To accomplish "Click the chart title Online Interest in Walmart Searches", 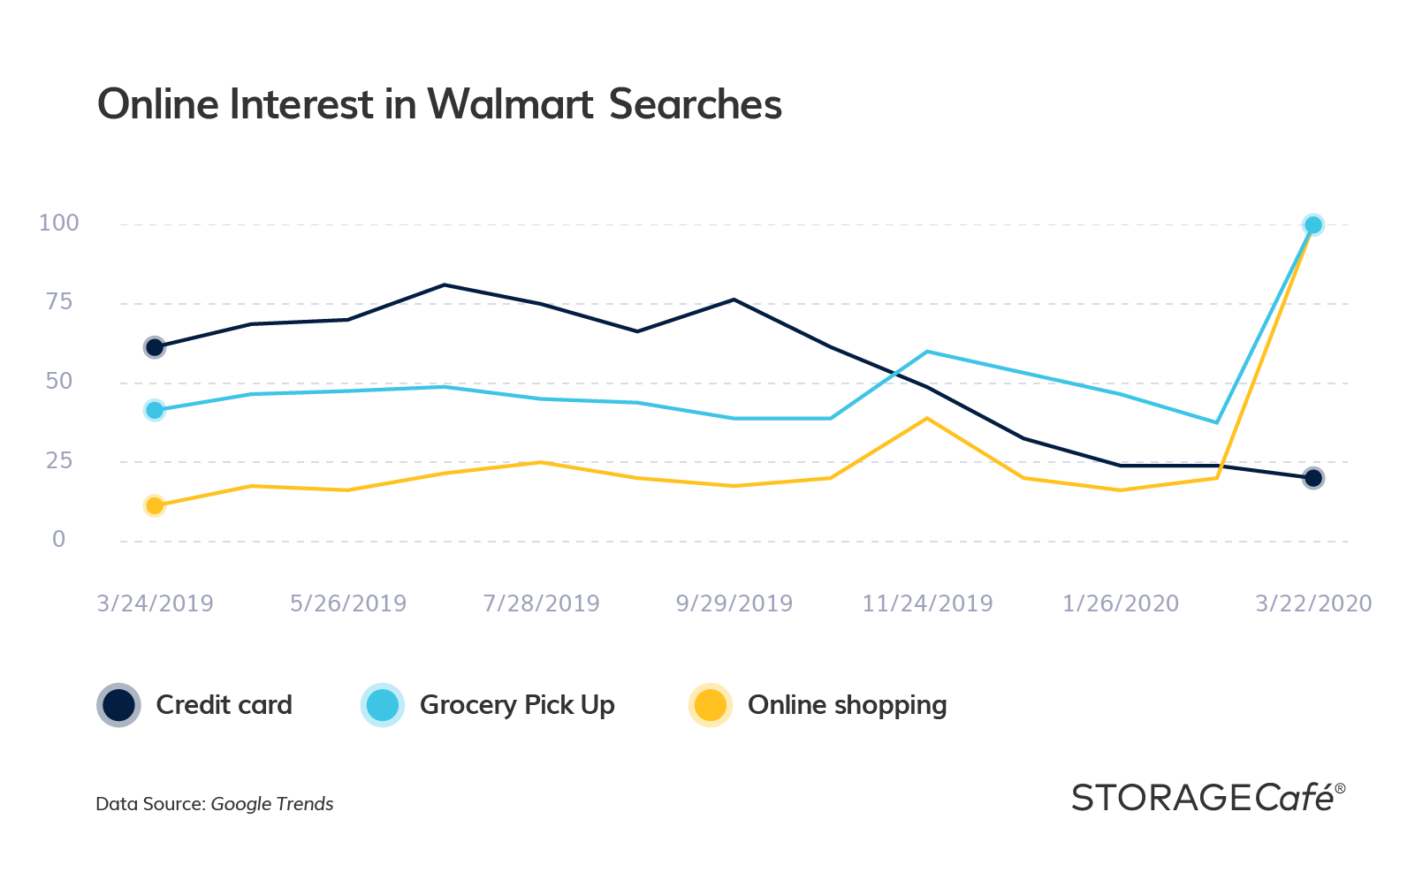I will pos(439,104).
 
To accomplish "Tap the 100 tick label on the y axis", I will pos(59,223).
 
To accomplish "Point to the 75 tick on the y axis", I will pos(59,302).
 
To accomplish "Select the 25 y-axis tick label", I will pos(59,460).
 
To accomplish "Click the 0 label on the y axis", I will pos(59,539).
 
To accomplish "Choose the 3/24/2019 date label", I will pos(155,603).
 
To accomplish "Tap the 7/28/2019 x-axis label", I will pos(541,603).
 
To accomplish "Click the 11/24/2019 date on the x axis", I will pos(927,603).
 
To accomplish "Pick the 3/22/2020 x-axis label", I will pos(1313,603).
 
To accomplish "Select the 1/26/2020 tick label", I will pos(1120,603).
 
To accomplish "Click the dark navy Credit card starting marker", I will pos(155,347).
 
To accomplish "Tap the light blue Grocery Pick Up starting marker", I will pos(155,410).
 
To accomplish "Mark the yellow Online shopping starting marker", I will pos(155,505).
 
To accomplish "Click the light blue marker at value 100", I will pos(1313,225).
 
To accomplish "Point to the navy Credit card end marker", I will pos(1313,478).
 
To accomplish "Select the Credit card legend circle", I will pos(118,705).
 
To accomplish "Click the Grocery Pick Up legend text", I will pos(517,705).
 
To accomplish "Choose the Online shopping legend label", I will pos(847,705).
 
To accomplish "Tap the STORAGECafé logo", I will pos(1207,798).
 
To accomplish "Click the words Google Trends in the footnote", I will pos(272,804).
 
